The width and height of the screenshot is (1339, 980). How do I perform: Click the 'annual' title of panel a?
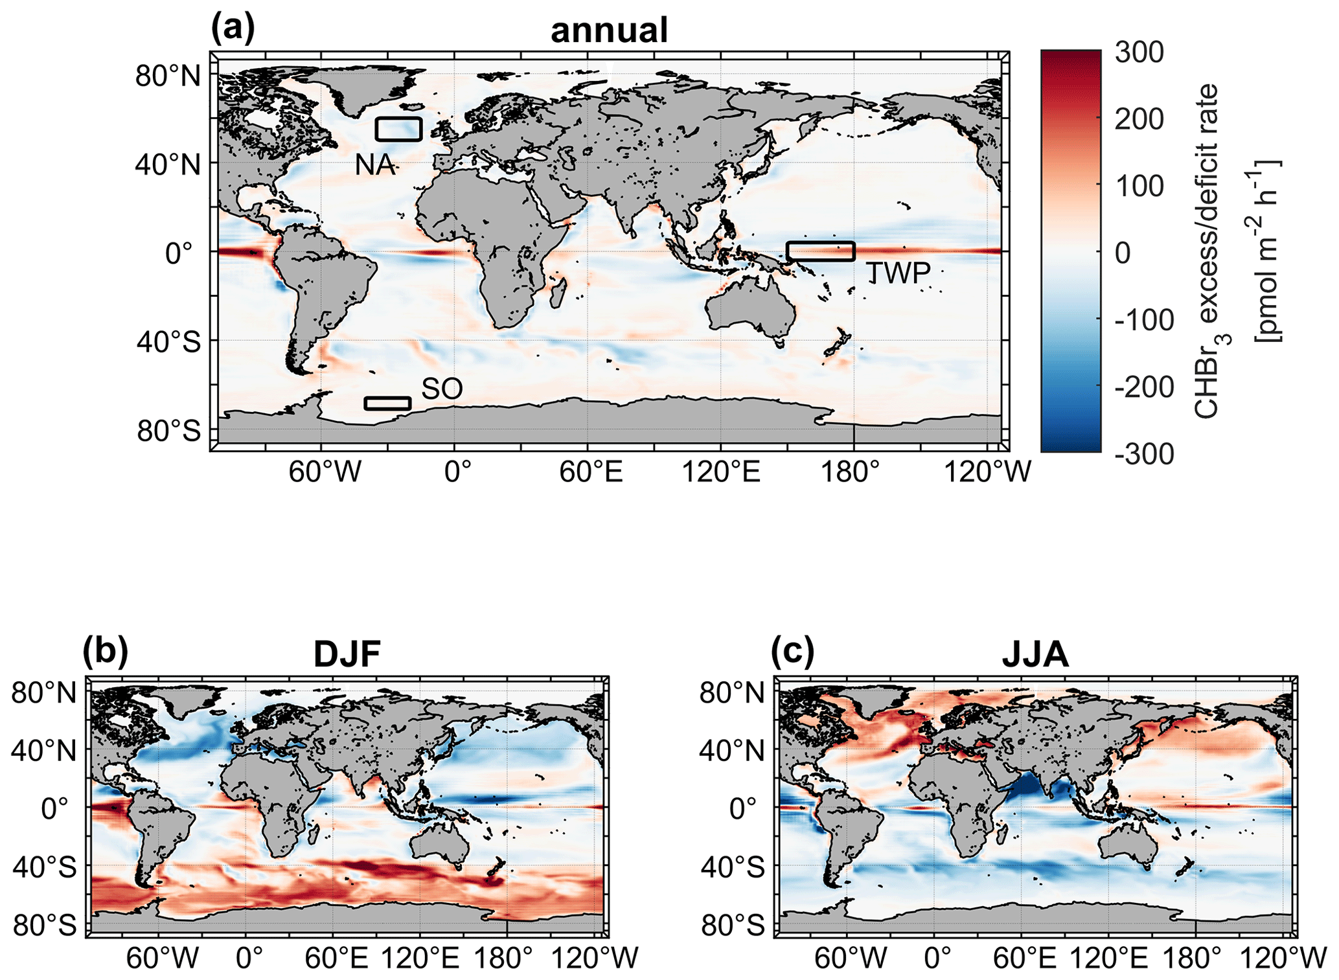pyautogui.click(x=608, y=30)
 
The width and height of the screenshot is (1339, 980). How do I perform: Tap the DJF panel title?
pyautogui.click(x=347, y=654)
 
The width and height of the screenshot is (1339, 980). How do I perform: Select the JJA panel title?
pyautogui.click(x=1035, y=655)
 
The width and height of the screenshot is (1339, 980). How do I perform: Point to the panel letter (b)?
pyautogui.click(x=106, y=652)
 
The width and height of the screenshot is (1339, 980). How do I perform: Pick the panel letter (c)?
pyautogui.click(x=792, y=652)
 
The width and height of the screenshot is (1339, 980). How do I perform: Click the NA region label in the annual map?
pyautogui.click(x=375, y=165)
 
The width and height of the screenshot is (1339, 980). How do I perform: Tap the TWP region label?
pyautogui.click(x=898, y=274)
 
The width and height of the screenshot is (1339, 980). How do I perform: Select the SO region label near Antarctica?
pyautogui.click(x=442, y=389)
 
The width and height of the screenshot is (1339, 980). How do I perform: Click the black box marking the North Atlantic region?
pyautogui.click(x=399, y=130)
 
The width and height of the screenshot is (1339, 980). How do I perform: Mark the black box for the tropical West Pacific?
pyautogui.click(x=821, y=251)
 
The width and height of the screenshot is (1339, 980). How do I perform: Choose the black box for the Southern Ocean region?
pyautogui.click(x=387, y=404)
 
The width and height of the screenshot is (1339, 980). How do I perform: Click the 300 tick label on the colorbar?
pyautogui.click(x=1139, y=52)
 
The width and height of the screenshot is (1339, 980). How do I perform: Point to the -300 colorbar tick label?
pyautogui.click(x=1144, y=454)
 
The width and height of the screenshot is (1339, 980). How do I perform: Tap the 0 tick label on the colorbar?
pyautogui.click(x=1123, y=253)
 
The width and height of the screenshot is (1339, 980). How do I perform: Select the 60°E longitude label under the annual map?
pyautogui.click(x=591, y=472)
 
